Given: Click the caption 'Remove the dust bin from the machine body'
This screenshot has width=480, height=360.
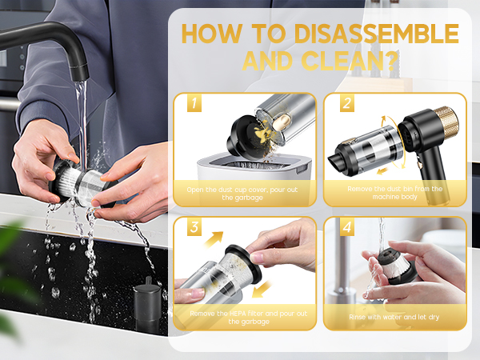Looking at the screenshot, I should coord(394,193).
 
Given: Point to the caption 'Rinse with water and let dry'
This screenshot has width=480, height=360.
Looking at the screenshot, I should coord(394,317).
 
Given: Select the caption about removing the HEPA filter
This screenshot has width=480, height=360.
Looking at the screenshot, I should coord(244,317).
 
